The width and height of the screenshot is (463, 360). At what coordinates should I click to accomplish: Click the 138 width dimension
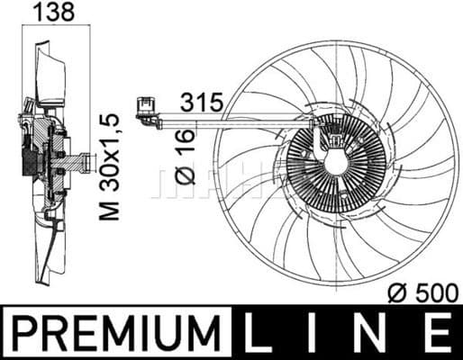tap(53, 13)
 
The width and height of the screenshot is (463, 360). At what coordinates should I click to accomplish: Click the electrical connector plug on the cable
tap(145, 108)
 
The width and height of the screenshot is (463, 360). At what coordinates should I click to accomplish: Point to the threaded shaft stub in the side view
tap(84, 164)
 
